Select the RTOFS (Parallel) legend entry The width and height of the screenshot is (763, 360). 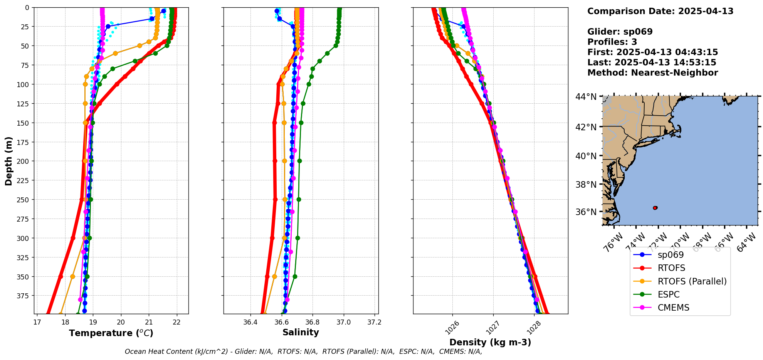coord(692,281)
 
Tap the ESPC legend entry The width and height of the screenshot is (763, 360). coord(669,294)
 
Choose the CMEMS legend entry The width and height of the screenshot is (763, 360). coord(673,308)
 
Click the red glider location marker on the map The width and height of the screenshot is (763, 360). coord(655,208)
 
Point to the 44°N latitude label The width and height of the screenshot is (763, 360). coord(586,96)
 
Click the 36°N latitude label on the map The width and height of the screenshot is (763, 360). coord(586,212)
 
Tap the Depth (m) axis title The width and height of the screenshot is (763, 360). coord(8,161)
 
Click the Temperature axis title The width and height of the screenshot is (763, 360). coord(111,333)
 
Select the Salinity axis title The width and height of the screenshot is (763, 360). coord(301,332)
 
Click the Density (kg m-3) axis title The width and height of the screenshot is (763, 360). coord(490,342)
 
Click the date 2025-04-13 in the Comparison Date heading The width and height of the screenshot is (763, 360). coord(706,11)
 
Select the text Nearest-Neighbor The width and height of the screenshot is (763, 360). coord(674,73)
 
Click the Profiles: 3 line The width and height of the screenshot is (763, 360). coord(612,42)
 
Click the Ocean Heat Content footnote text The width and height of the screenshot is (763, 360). coord(303,352)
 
